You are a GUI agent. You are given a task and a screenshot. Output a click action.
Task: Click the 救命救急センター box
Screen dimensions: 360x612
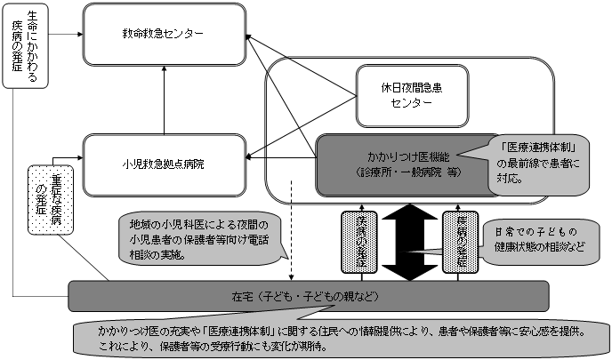point(164,34)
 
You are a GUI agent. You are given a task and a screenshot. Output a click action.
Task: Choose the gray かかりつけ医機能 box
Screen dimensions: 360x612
point(401,163)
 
